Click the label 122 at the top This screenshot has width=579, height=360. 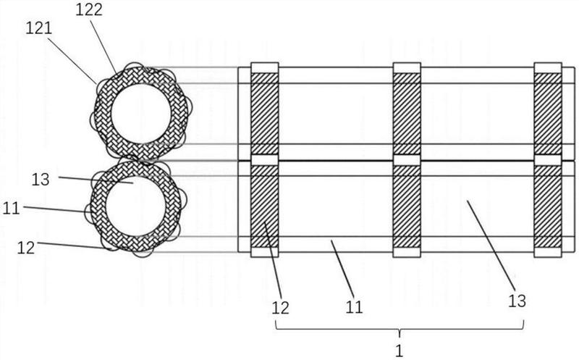tap(89, 9)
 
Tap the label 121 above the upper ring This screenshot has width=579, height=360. tap(39, 28)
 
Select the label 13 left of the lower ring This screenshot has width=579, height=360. tap(41, 180)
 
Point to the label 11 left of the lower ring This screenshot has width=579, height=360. tap(11, 209)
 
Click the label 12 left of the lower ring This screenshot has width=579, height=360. tap(26, 248)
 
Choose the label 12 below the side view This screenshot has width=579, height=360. tap(280, 308)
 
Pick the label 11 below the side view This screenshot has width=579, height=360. tap(354, 307)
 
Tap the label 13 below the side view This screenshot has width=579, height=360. tap(517, 301)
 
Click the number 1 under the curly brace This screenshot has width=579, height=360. tap(400, 351)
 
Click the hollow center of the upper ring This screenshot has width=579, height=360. tap(140, 114)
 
